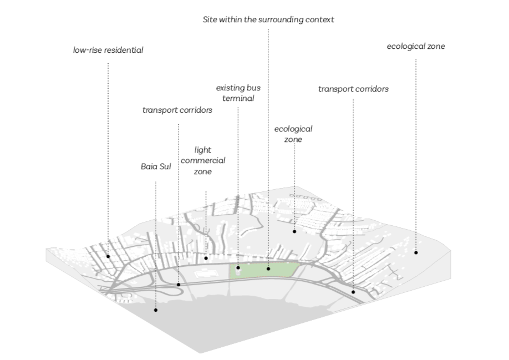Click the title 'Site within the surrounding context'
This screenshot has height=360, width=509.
(x=268, y=20)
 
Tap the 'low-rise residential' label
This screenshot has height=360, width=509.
(x=108, y=50)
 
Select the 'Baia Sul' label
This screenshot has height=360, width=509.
(x=156, y=166)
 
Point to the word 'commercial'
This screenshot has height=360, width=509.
(x=203, y=161)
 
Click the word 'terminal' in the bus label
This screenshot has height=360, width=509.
(x=238, y=99)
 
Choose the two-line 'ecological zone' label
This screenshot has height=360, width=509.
(x=293, y=134)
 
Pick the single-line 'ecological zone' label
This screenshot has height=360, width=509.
(x=416, y=46)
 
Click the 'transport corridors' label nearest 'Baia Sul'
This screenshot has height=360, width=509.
(x=177, y=110)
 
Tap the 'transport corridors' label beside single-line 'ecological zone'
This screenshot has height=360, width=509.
(x=353, y=89)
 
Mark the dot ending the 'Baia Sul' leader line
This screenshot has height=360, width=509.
(x=156, y=310)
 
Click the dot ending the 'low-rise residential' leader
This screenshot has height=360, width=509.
(x=108, y=256)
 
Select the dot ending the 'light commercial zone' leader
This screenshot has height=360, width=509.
(x=206, y=258)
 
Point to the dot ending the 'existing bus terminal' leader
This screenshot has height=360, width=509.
(x=238, y=268)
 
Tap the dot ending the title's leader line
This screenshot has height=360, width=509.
(x=268, y=268)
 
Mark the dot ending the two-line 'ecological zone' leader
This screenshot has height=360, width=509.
(x=294, y=231)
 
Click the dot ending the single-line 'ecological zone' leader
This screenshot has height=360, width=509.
(x=416, y=252)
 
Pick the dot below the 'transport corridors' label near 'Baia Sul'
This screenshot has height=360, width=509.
(x=179, y=285)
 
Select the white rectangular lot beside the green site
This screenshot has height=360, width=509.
(x=205, y=273)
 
